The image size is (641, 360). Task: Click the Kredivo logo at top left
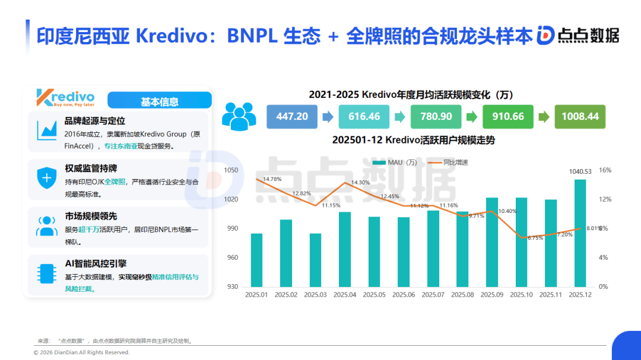click(65, 98)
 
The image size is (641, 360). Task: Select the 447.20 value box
click(292, 116)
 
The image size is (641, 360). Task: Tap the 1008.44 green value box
click(580, 116)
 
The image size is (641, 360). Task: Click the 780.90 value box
click(436, 116)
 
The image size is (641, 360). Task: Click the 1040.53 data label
click(580, 171)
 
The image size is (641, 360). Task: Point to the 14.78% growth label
click(272, 179)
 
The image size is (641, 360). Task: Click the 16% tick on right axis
click(605, 170)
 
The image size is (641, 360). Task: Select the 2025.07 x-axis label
click(433, 294)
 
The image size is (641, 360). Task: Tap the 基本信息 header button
click(159, 101)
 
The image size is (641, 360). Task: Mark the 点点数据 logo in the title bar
click(578, 36)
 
